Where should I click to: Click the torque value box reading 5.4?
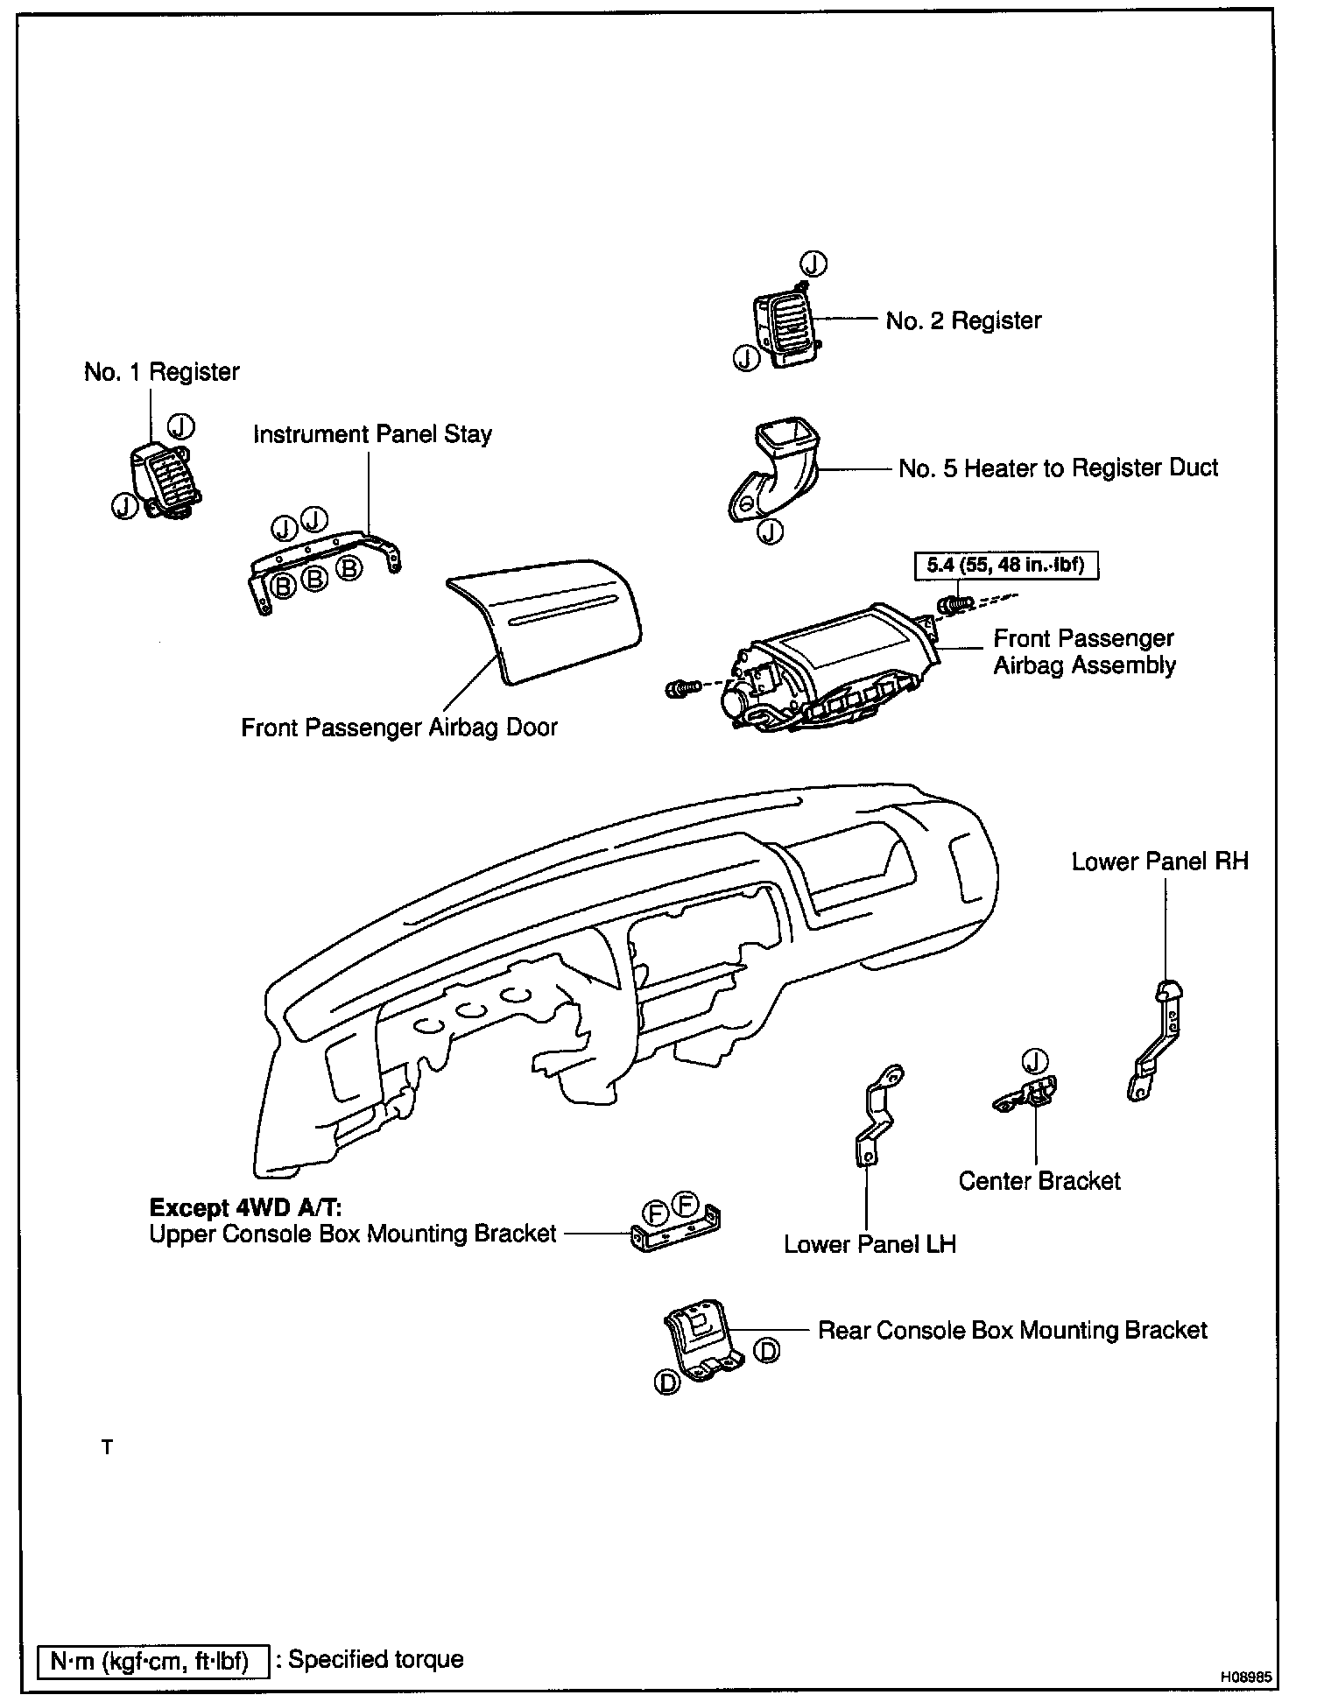(x=1005, y=565)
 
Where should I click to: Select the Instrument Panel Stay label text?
(x=372, y=434)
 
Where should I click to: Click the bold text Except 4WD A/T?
(x=245, y=1207)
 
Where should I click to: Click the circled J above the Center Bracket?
(x=1035, y=1061)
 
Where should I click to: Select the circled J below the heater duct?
(x=770, y=531)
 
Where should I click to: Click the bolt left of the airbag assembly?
(x=681, y=689)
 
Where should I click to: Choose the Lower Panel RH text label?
(x=1159, y=862)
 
